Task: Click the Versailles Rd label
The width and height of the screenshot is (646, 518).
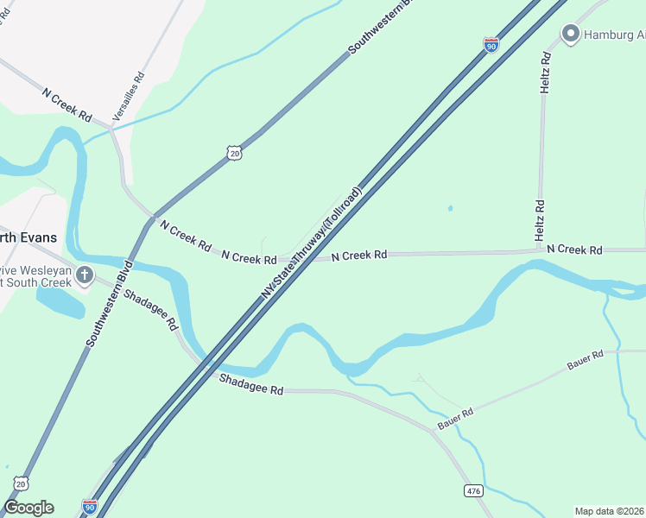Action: pyautogui.click(x=128, y=96)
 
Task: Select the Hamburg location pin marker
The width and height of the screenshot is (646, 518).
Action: pyautogui.click(x=570, y=35)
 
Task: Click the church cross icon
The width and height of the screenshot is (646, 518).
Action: pyautogui.click(x=85, y=275)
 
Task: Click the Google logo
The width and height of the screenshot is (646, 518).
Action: pyautogui.click(x=28, y=508)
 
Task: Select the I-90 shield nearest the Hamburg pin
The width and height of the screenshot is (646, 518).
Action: pyautogui.click(x=491, y=44)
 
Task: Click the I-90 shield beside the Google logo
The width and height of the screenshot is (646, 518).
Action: pyautogui.click(x=90, y=506)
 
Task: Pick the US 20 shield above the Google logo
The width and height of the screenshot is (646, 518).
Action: pyautogui.click(x=21, y=484)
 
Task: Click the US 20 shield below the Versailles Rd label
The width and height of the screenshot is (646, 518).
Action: pyautogui.click(x=234, y=152)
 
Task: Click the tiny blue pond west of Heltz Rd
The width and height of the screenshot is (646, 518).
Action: pyautogui.click(x=450, y=208)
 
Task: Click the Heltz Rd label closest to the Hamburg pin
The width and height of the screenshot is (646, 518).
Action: pyautogui.click(x=544, y=73)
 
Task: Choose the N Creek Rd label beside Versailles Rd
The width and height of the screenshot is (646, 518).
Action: pyautogui.click(x=66, y=103)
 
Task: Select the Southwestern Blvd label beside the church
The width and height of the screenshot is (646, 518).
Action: pyautogui.click(x=110, y=302)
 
